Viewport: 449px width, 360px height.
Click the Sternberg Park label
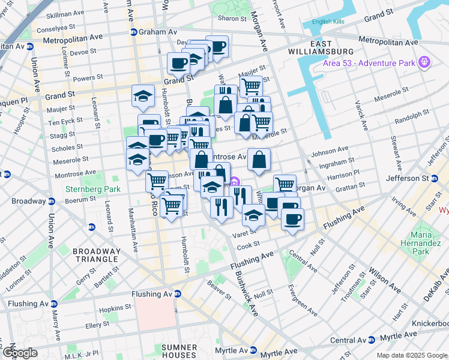[89, 190]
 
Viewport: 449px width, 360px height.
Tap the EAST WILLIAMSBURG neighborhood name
[330, 49]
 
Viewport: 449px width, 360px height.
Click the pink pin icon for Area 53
[425, 61]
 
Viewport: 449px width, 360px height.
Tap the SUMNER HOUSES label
[179, 352]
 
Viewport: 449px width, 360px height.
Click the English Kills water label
[331, 23]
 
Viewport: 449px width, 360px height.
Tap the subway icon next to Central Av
[371, 340]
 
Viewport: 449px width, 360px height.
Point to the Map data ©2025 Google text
[411, 355]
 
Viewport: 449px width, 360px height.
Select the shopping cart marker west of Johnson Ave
[157, 181]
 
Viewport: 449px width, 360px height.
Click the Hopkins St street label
[116, 308]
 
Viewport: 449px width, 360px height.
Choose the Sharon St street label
[229, 19]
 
